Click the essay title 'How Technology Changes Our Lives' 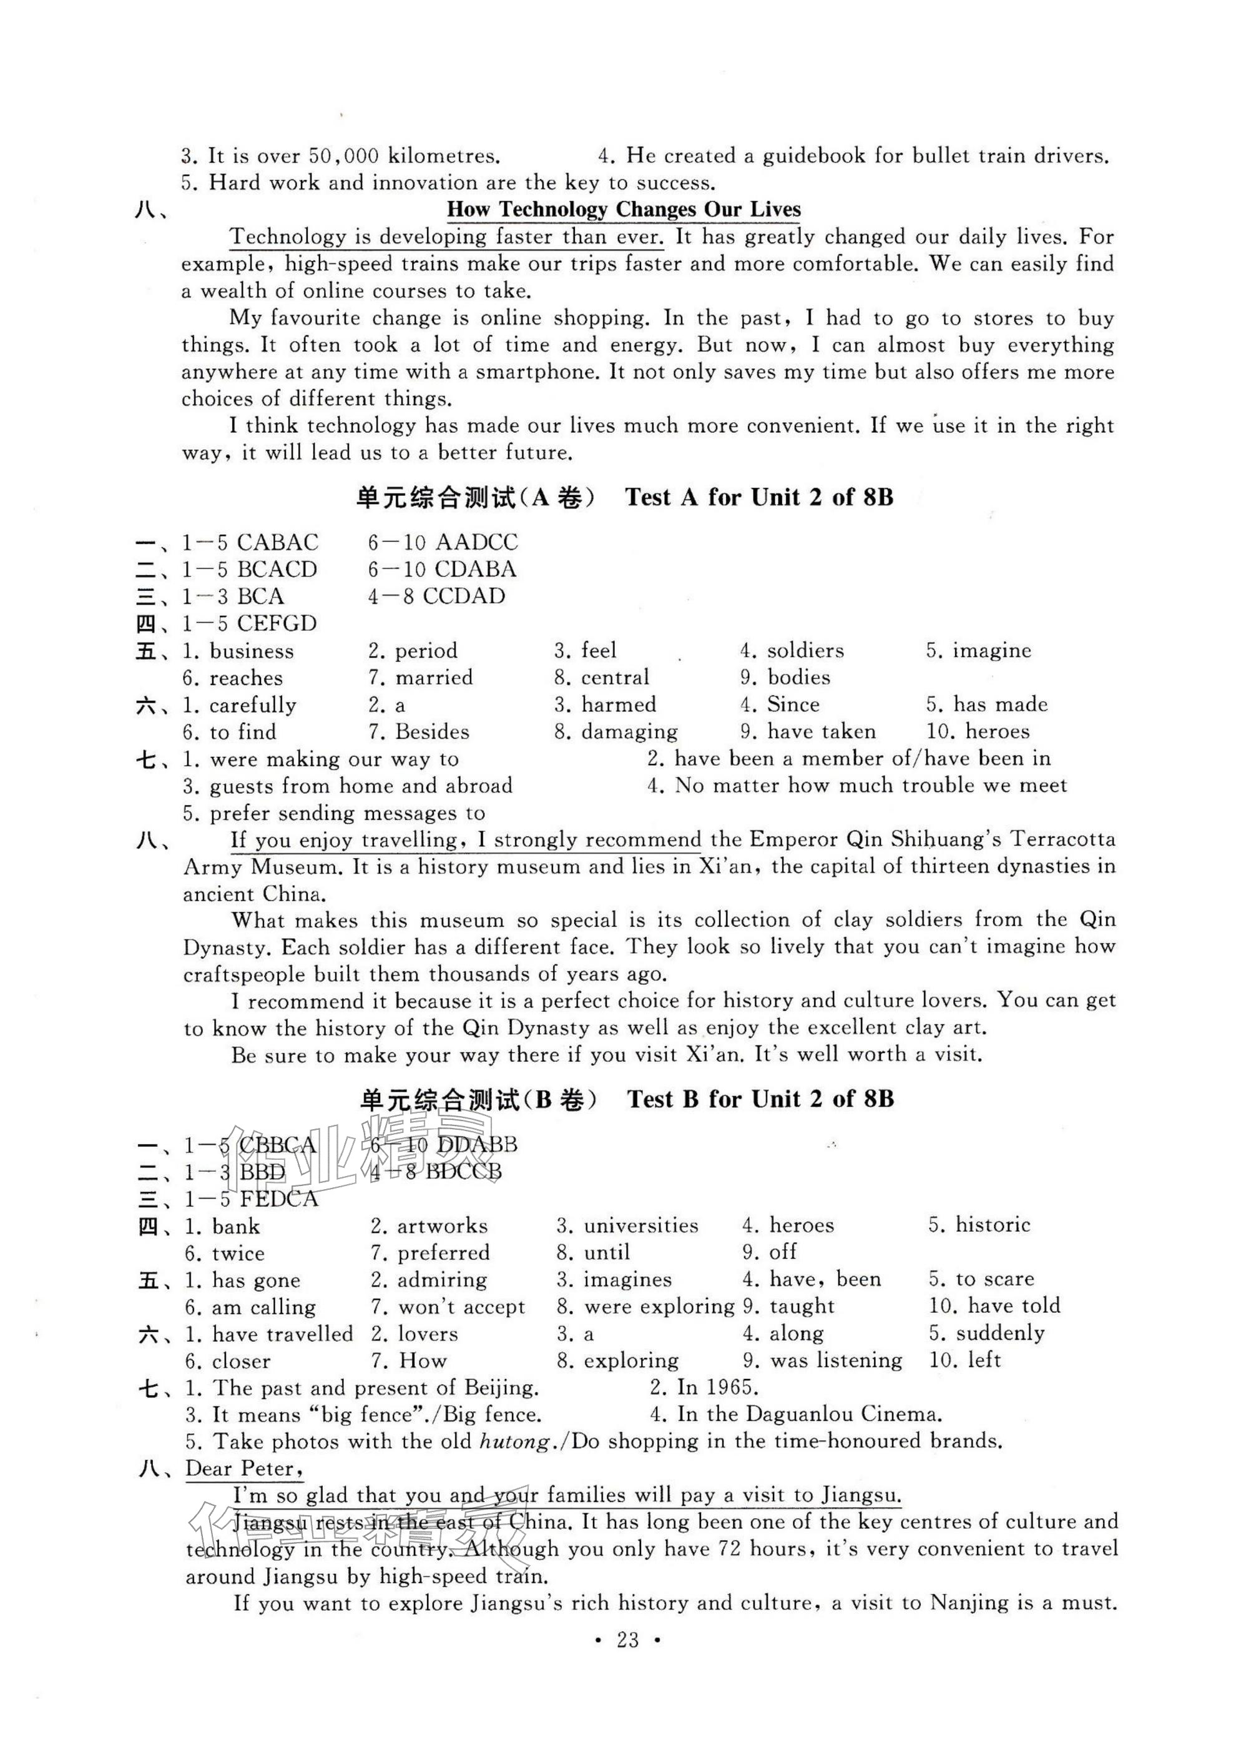pos(623,209)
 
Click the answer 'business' pos(252,651)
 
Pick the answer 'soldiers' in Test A pos(805,651)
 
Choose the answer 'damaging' pos(629,732)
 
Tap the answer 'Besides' pos(432,732)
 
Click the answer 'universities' pos(640,1226)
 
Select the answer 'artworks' pos(442,1226)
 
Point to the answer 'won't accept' pos(461,1307)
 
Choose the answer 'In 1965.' pos(717,1387)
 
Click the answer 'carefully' pos(253,704)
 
